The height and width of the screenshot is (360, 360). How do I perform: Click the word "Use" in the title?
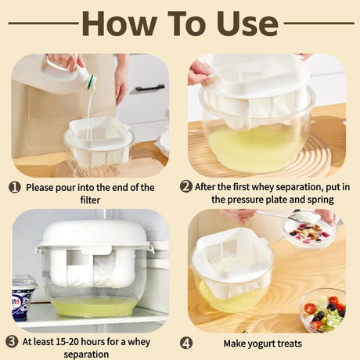(248, 23)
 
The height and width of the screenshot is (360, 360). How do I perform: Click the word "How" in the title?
(120, 23)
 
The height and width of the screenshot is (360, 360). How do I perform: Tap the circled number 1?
(14, 187)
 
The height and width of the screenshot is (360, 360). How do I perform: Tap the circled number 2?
(186, 186)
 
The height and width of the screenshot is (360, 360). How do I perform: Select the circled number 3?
(12, 341)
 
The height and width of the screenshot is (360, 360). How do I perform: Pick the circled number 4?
(186, 343)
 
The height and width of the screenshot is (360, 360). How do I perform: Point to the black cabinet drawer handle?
(147, 88)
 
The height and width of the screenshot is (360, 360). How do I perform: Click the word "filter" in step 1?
(90, 200)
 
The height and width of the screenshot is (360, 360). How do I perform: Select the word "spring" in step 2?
(321, 200)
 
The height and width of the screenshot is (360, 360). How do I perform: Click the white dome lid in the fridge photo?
(95, 234)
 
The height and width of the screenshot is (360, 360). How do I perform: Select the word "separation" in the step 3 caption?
(86, 355)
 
